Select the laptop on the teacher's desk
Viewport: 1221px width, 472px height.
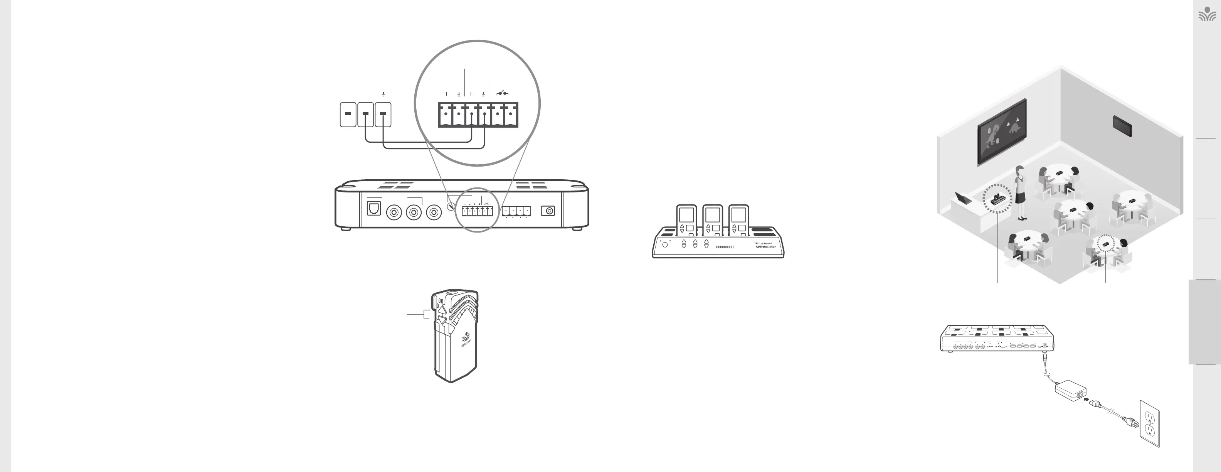pos(963,198)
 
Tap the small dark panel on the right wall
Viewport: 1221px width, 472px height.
pos(1122,125)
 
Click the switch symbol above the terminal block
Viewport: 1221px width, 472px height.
pos(503,93)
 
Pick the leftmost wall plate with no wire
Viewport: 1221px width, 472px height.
pos(348,114)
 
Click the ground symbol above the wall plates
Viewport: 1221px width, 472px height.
pos(383,94)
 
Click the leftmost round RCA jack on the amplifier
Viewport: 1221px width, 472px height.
pos(394,212)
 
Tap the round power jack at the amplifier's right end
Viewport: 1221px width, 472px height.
pos(548,211)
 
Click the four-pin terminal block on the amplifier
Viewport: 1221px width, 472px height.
pos(516,211)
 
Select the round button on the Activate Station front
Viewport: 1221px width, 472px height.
pos(665,244)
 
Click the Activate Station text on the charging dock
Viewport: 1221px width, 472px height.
pos(765,247)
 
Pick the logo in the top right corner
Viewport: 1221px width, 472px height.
pos(1207,14)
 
